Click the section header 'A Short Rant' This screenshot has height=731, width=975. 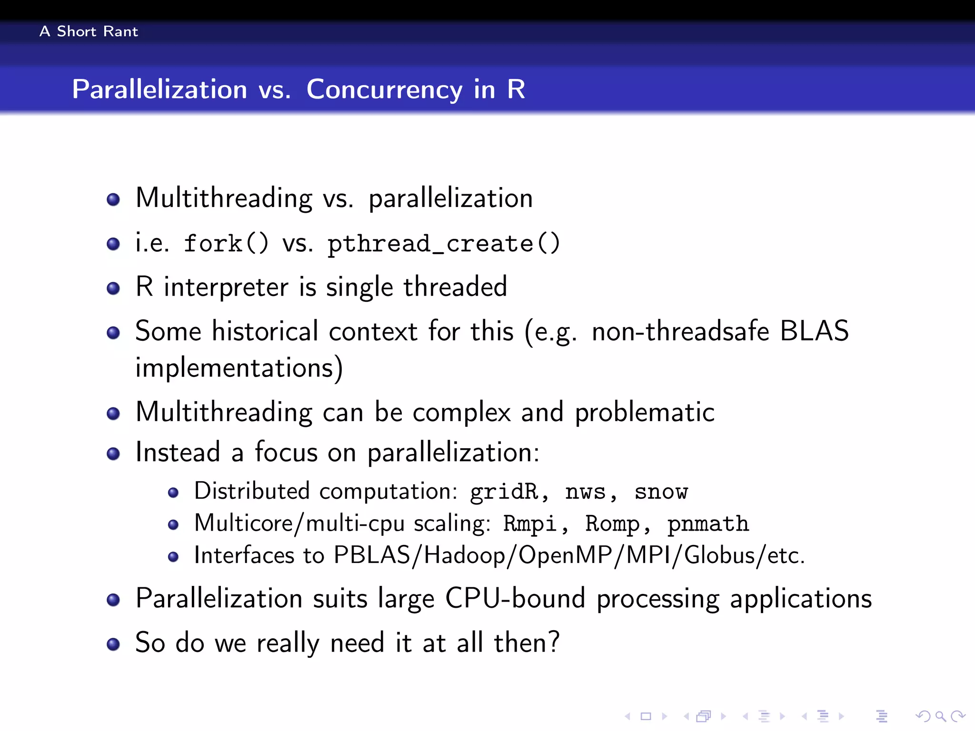(89, 31)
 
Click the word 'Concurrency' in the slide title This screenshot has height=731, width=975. (384, 89)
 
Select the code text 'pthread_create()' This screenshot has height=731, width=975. (443, 244)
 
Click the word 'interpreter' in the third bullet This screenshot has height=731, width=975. (226, 287)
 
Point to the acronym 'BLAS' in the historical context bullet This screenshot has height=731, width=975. (814, 331)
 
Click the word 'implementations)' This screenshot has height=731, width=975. (239, 368)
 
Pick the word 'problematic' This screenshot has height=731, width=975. (645, 412)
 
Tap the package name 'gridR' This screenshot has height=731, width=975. (505, 492)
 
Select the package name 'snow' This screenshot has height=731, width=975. (661, 492)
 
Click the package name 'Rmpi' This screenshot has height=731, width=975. (530, 524)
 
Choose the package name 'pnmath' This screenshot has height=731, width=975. (708, 524)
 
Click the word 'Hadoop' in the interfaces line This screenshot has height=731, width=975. (464, 555)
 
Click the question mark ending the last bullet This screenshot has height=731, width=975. (553, 642)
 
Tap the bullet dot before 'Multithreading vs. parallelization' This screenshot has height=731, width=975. (113, 199)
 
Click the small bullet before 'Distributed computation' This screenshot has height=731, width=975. (173, 493)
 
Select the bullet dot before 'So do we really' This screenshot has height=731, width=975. (113, 644)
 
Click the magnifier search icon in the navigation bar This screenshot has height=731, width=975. (940, 716)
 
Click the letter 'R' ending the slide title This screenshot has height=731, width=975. (516, 89)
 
